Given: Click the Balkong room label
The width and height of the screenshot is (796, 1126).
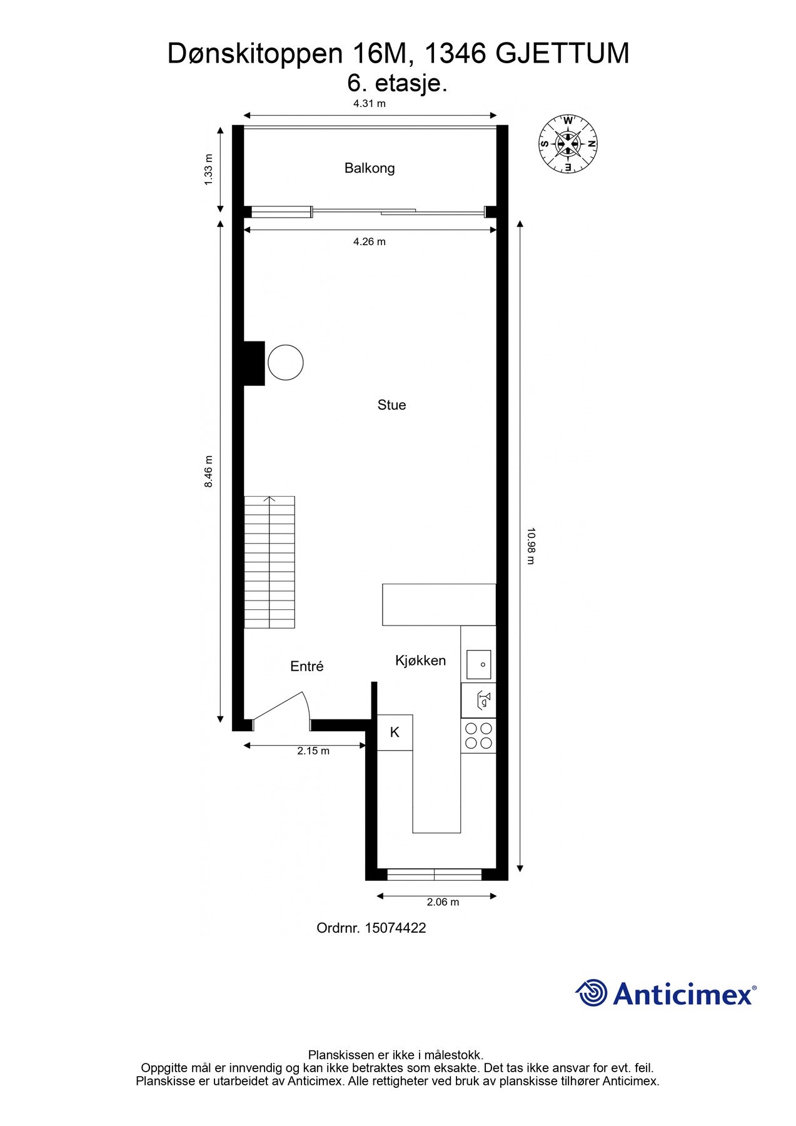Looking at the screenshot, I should [x=369, y=168].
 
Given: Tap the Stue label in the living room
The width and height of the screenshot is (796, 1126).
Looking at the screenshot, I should [x=391, y=405].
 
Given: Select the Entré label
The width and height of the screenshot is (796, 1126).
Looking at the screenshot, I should [x=306, y=667].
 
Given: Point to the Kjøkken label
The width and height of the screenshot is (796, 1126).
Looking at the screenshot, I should [x=420, y=661].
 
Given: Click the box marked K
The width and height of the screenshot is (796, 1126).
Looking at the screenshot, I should [x=395, y=733].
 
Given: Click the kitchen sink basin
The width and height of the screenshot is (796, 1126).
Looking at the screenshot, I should [x=478, y=665].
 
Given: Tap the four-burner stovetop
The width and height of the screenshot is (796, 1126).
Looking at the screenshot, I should [x=478, y=736].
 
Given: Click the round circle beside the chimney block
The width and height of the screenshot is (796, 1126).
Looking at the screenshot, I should [x=286, y=362].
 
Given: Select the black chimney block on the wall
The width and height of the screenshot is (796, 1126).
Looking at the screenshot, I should [x=254, y=363].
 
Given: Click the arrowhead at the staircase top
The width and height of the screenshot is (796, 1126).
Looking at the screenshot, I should [x=270, y=499].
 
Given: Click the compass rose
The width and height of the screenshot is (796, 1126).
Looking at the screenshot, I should [x=568, y=144].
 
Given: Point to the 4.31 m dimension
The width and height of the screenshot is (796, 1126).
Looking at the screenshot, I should [x=369, y=104].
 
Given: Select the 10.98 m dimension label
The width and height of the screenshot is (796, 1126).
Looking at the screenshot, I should [x=530, y=545].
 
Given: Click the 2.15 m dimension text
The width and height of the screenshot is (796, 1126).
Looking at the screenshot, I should [x=313, y=751].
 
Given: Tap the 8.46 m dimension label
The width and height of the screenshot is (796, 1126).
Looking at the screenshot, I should [x=209, y=472].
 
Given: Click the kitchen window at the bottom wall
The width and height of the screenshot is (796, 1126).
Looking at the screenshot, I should [x=434, y=875].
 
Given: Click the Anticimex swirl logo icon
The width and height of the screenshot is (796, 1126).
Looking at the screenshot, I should [x=591, y=993].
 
